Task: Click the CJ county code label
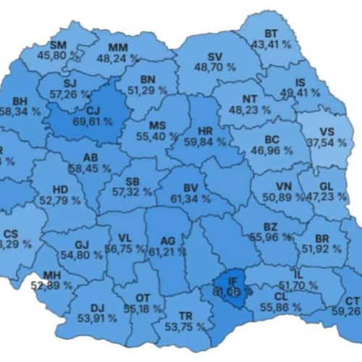click(x=93, y=110)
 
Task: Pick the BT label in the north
click(x=271, y=34)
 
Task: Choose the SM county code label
click(x=59, y=44)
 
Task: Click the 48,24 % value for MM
click(x=115, y=59)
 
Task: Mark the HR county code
click(x=204, y=131)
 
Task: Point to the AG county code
click(x=167, y=240)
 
